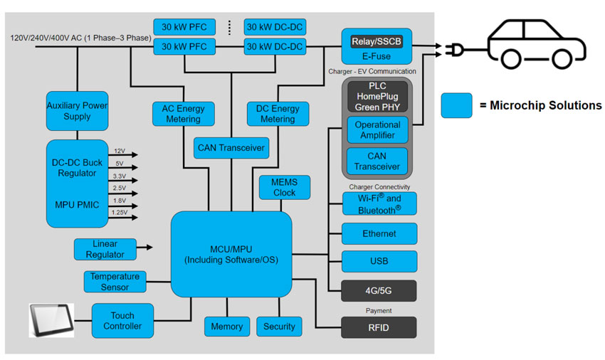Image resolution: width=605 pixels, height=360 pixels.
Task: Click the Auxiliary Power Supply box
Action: click(x=77, y=111)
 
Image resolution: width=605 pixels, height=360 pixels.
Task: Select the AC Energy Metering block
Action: click(x=183, y=114)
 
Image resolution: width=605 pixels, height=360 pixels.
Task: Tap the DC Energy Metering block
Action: click(x=277, y=114)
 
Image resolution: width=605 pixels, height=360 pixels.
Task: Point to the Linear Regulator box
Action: click(x=105, y=248)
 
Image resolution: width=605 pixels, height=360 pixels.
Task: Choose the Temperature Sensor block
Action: click(x=115, y=282)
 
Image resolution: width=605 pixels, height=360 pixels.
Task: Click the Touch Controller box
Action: click(x=122, y=321)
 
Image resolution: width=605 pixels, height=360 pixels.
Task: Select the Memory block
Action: click(x=226, y=327)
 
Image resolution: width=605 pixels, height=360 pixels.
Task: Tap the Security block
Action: click(x=279, y=327)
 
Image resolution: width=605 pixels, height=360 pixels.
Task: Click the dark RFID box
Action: click(x=379, y=327)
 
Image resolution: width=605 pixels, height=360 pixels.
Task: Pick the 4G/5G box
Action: click(x=379, y=290)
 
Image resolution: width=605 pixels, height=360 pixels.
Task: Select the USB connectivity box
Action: click(x=379, y=261)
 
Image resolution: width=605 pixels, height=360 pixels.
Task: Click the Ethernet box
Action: click(x=379, y=233)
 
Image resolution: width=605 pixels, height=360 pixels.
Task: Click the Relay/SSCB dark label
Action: click(x=377, y=41)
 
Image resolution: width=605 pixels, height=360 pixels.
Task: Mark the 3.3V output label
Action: click(x=120, y=176)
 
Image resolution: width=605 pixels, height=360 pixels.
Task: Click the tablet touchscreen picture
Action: click(x=52, y=319)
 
